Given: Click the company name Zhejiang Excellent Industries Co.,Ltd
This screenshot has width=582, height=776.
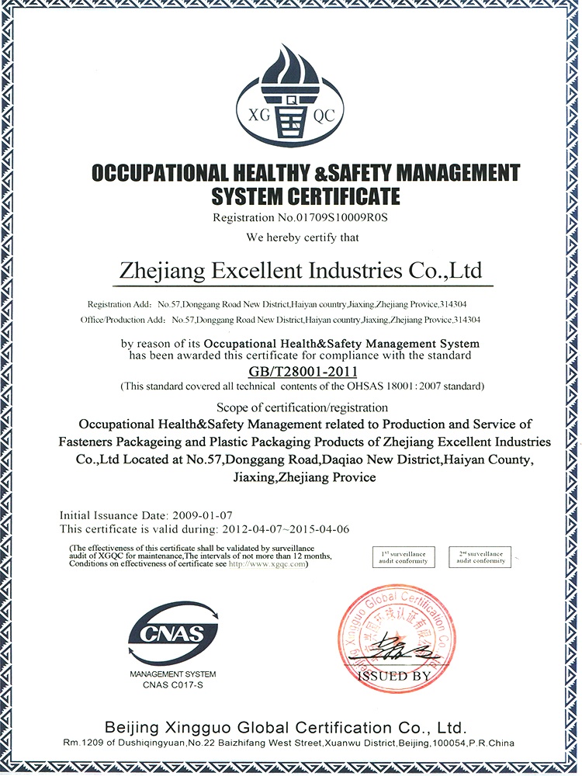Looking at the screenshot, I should click(300, 272).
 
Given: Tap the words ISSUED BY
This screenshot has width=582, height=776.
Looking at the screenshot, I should click(394, 677).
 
